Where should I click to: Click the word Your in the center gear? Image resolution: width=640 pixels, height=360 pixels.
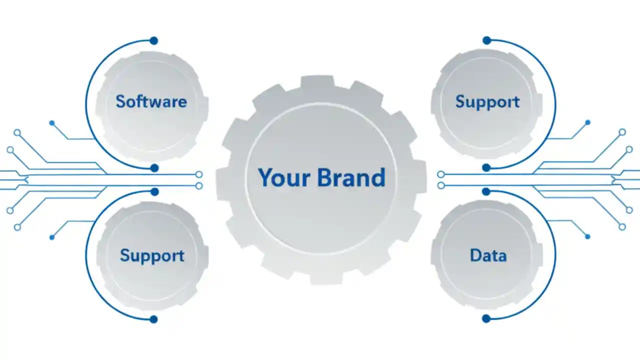point(284,178)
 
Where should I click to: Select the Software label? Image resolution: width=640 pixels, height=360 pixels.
point(151,101)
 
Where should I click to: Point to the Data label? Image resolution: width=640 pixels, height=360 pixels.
point(488,255)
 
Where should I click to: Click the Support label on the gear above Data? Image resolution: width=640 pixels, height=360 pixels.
point(487,102)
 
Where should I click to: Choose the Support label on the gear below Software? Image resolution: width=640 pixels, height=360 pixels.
point(152,256)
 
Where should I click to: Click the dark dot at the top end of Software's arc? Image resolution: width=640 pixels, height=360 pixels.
point(153,40)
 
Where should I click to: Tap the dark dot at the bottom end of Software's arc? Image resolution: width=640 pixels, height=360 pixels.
point(154,168)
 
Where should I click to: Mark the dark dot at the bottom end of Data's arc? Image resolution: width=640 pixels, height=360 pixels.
point(486,318)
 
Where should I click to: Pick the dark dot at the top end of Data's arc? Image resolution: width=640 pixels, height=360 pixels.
point(486,191)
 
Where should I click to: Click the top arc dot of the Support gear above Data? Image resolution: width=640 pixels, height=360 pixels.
point(486,40)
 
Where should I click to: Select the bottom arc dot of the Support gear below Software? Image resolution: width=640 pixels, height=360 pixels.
point(153,319)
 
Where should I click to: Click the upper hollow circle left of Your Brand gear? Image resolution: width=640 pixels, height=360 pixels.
point(199,174)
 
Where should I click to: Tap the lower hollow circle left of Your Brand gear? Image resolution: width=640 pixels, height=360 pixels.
point(199,186)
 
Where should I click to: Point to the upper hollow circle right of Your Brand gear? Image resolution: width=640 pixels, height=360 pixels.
point(440,174)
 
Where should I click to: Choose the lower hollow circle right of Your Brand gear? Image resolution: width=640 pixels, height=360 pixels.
point(440,185)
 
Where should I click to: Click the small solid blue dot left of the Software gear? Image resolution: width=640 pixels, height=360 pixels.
point(51,122)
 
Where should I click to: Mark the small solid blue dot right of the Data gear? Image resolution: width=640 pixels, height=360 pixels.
point(587,236)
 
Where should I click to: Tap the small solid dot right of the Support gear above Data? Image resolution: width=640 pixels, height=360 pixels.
point(587,122)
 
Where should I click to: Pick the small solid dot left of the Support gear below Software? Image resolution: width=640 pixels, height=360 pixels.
point(52,237)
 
